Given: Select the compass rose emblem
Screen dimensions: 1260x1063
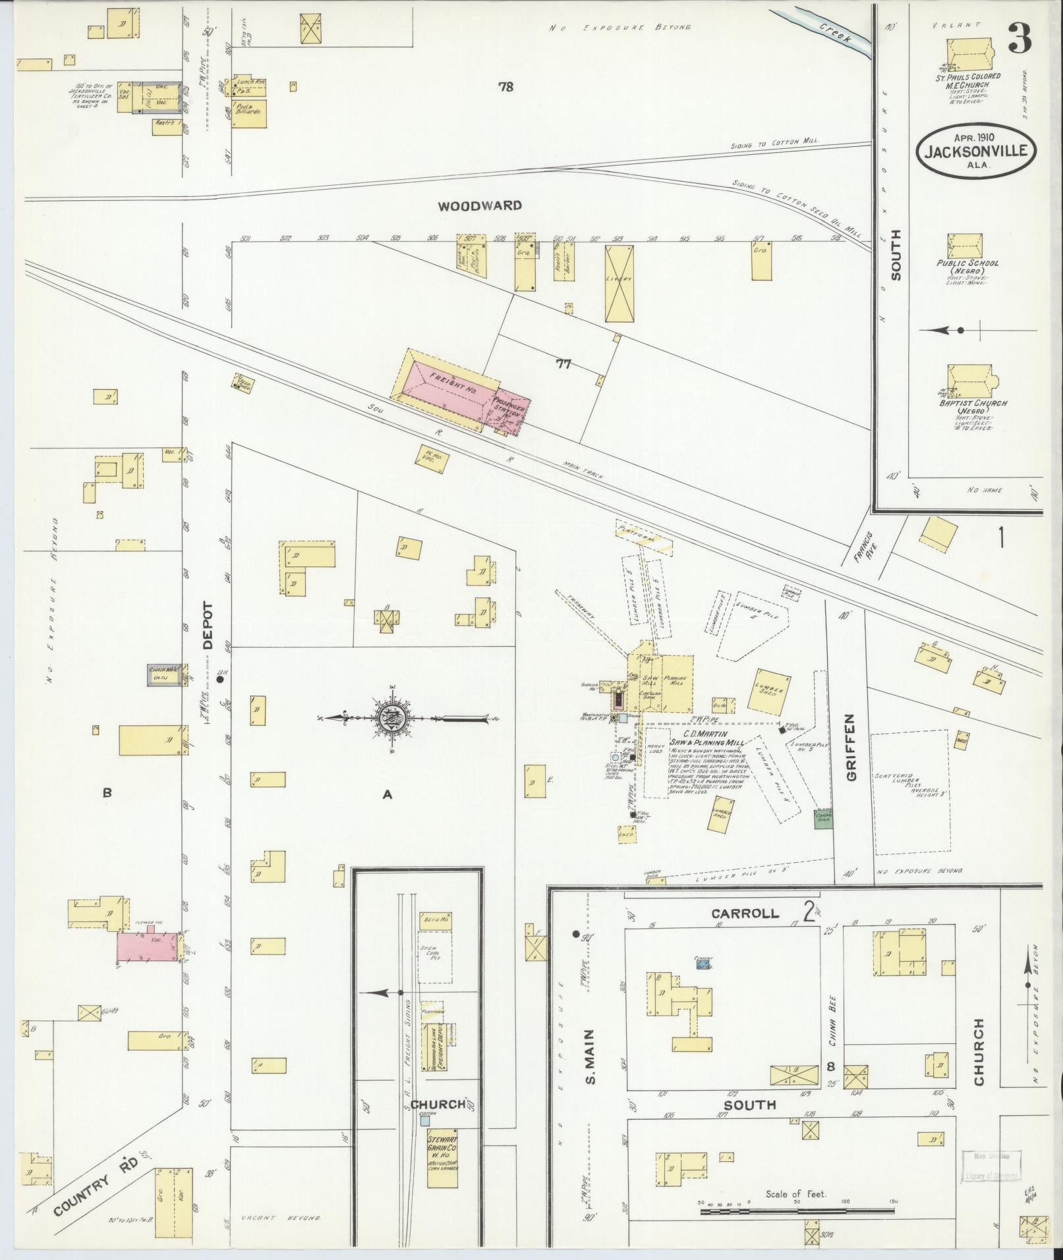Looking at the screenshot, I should pos(391,717).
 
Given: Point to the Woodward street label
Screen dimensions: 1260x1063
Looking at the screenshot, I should pos(480,206).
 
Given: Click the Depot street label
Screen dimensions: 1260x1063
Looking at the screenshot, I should pos(208,626).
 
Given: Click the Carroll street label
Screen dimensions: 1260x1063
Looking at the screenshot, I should pos(745,914).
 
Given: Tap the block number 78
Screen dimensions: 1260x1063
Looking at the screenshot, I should pos(505,86).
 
